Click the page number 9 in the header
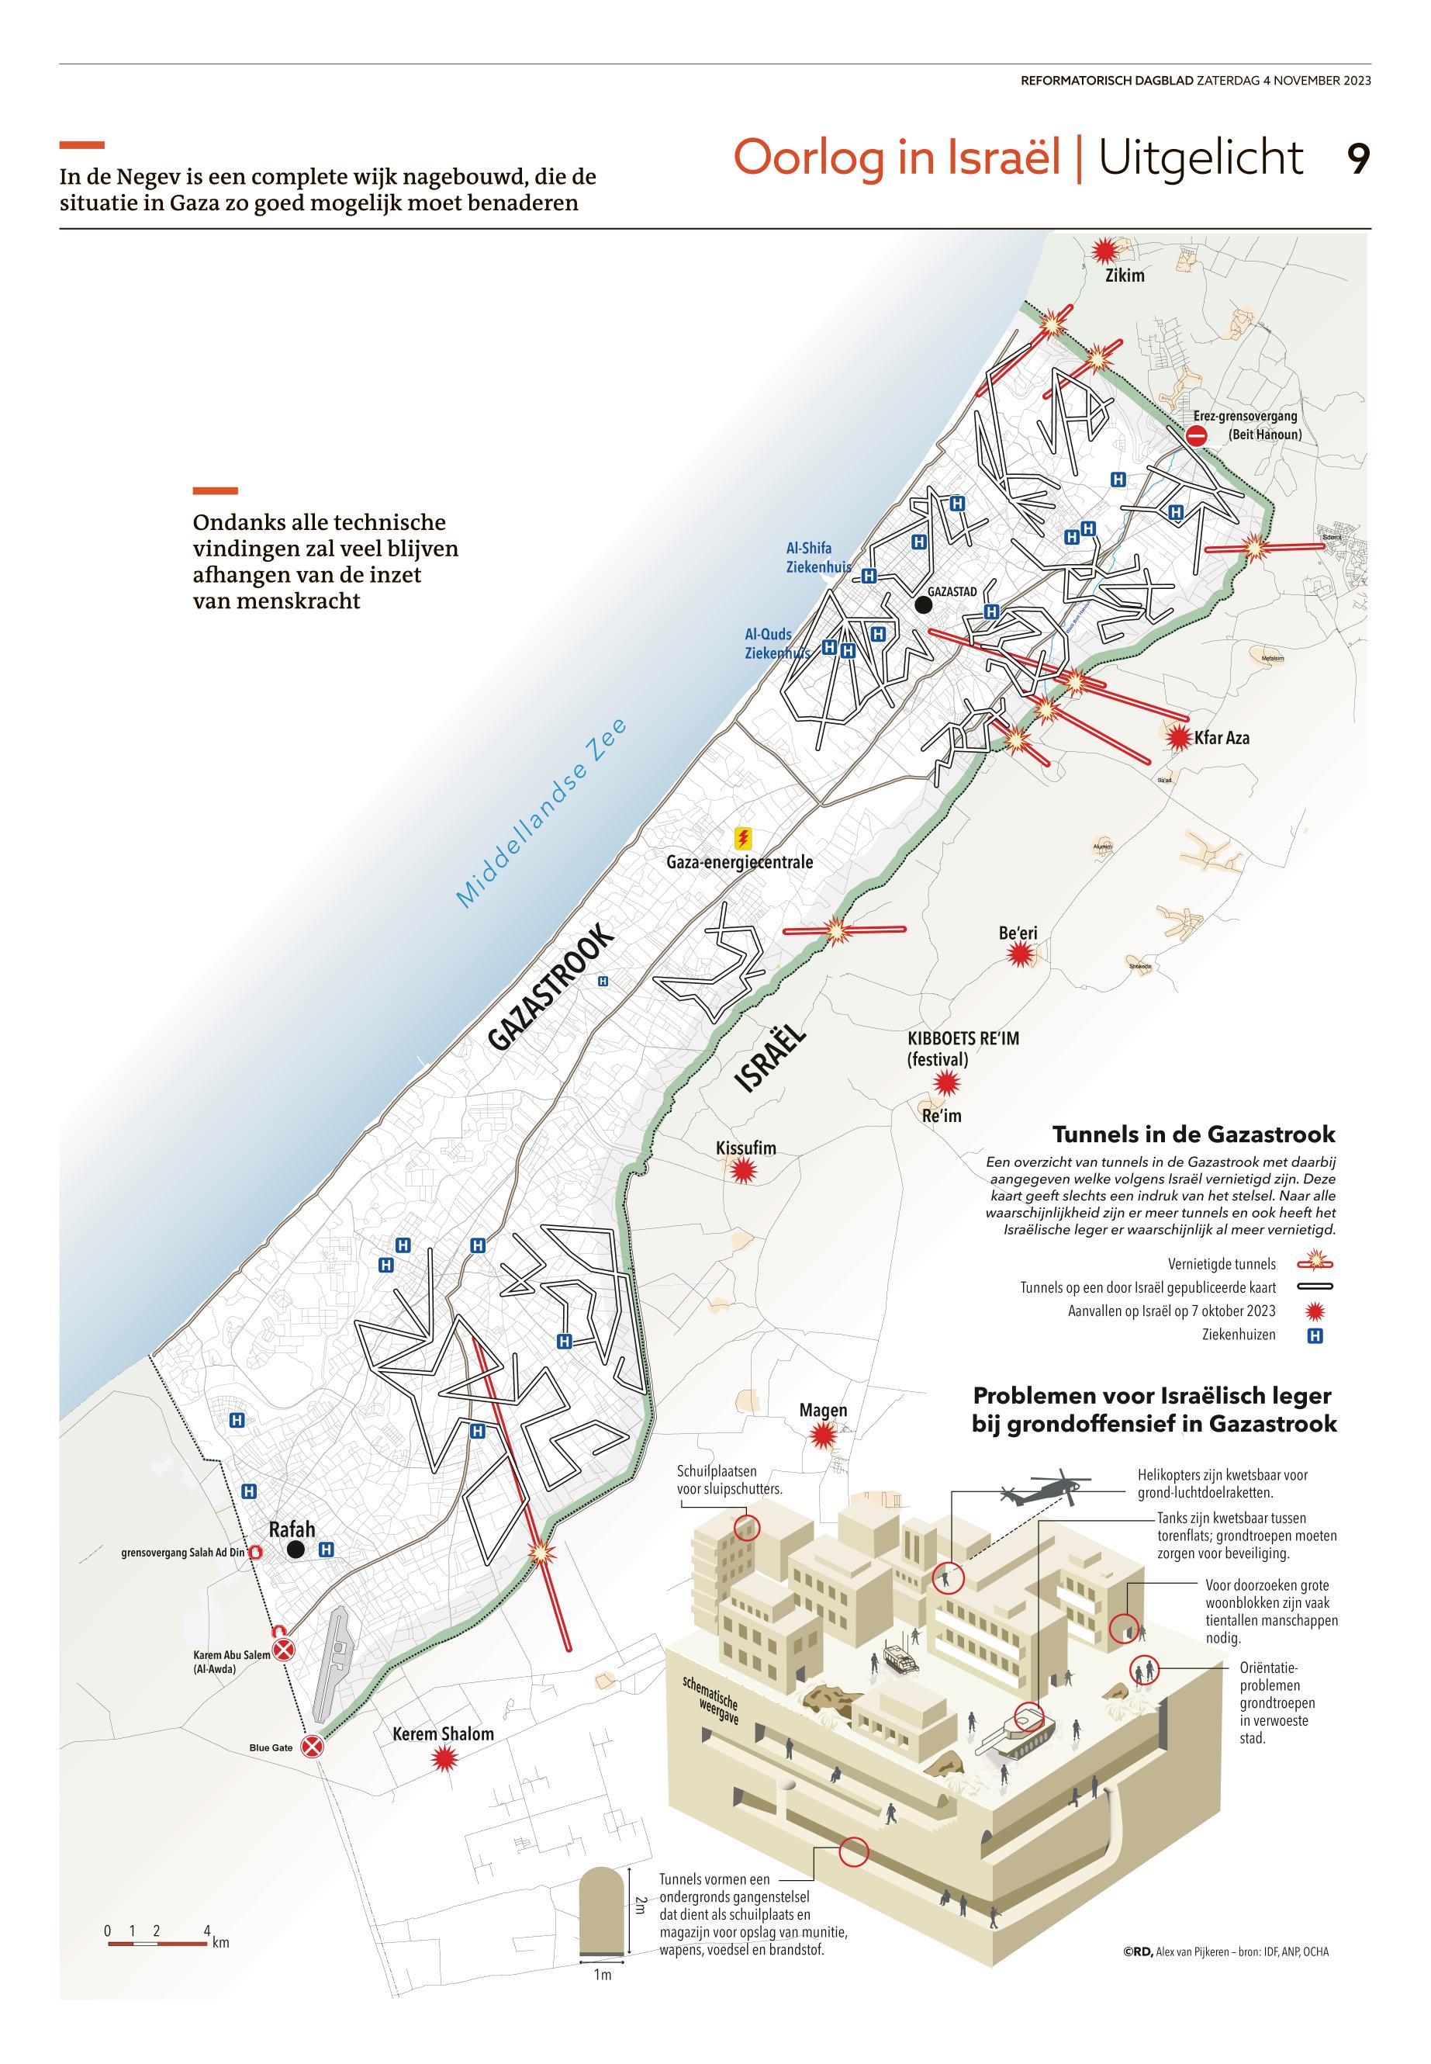1357,160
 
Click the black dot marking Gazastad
923,605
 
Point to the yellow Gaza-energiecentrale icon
742,839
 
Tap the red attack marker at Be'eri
1018,956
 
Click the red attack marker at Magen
821,1437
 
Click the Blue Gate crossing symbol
311,1747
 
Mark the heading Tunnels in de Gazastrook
1194,1134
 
